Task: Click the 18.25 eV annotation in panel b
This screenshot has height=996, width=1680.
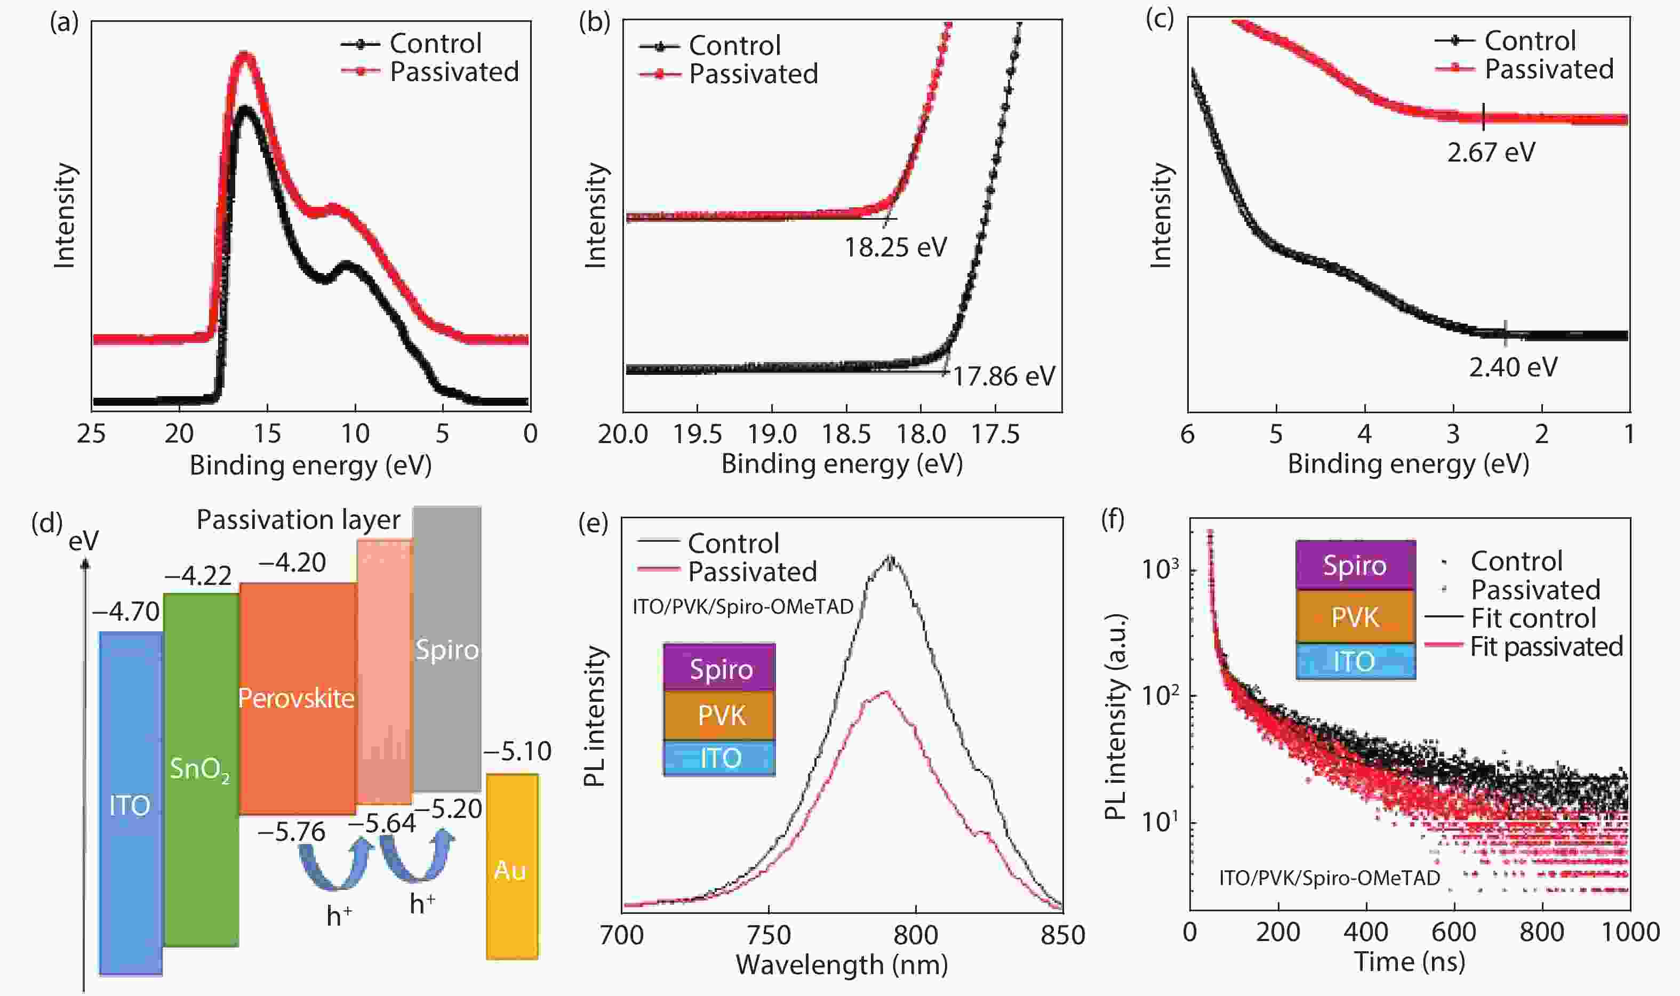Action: pyautogui.click(x=895, y=247)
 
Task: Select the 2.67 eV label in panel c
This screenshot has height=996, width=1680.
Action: pyautogui.click(x=1491, y=153)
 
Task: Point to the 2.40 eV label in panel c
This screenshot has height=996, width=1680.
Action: pyautogui.click(x=1513, y=368)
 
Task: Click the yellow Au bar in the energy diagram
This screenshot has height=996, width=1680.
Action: pyautogui.click(x=512, y=866)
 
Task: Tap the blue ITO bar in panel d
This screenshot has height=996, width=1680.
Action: pyautogui.click(x=130, y=804)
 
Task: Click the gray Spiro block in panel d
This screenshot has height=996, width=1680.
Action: pyautogui.click(x=447, y=649)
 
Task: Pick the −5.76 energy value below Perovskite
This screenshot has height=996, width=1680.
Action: pyautogui.click(x=291, y=832)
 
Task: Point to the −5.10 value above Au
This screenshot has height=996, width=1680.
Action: pyautogui.click(x=517, y=751)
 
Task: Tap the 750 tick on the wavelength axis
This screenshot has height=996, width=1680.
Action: pyautogui.click(x=769, y=935)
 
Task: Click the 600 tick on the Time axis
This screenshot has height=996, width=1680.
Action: pyautogui.click(x=1454, y=932)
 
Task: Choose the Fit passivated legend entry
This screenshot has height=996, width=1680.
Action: pyautogui.click(x=1546, y=647)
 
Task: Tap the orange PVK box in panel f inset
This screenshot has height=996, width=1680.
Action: pyautogui.click(x=1355, y=617)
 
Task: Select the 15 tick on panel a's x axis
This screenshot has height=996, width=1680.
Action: pyautogui.click(x=267, y=433)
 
